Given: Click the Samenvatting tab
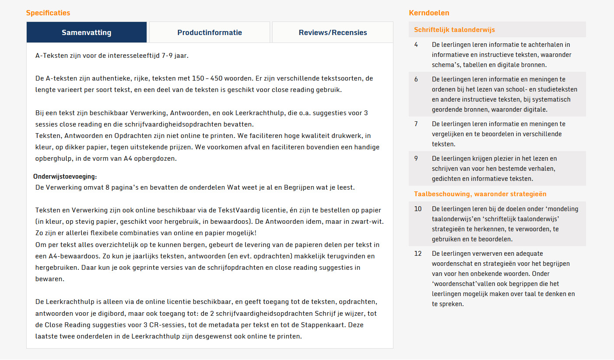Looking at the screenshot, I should [86, 32].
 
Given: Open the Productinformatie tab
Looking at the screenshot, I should [209, 32].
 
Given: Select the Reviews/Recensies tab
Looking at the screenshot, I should [333, 32].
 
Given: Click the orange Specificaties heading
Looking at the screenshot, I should [48, 13].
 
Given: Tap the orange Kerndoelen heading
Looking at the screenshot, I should [429, 13].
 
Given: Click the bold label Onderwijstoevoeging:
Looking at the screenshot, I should [65, 176].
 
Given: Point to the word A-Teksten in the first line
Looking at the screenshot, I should [50, 56].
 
